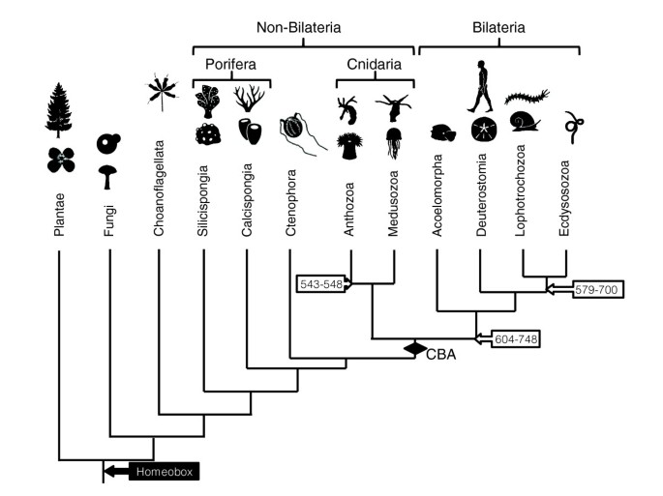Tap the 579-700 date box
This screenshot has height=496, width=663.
coord(600,288)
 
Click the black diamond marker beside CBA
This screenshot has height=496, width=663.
coord(414,348)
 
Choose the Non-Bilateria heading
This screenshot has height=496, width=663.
coord(303,28)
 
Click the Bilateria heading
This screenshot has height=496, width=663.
coord(498,28)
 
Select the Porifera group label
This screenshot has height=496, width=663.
coord(230,64)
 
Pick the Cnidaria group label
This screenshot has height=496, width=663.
coord(374,64)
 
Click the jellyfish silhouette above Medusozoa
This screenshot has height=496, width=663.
coord(393,142)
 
